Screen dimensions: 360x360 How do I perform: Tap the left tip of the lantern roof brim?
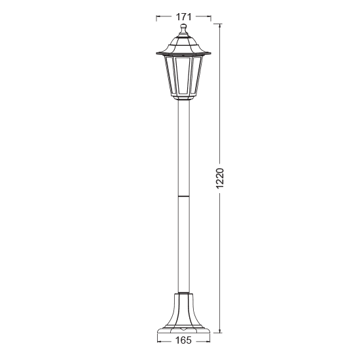click(x=156, y=52)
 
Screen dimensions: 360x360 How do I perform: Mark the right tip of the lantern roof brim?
click(x=211, y=52)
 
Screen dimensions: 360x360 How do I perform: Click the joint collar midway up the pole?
click(x=184, y=196)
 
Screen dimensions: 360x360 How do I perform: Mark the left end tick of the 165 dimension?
click(x=158, y=340)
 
